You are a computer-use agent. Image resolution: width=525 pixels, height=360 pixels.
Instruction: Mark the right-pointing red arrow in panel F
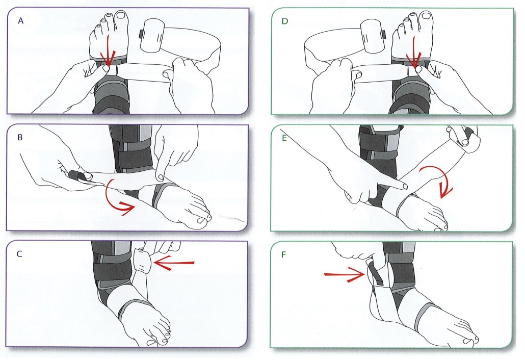(345, 276)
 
